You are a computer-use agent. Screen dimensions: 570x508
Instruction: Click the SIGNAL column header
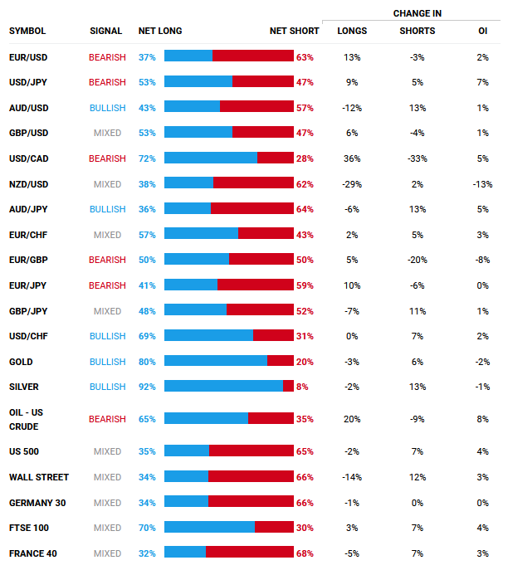(x=105, y=31)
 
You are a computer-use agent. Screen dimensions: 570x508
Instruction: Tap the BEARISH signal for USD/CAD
(x=107, y=158)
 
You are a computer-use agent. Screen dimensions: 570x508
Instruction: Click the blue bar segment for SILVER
(x=223, y=387)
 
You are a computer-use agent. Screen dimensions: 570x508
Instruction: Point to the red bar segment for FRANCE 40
(x=249, y=553)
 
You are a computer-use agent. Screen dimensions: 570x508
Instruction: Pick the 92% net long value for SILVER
(x=147, y=387)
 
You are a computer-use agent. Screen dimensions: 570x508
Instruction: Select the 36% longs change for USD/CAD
(x=352, y=158)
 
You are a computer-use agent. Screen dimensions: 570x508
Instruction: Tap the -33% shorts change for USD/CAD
(x=417, y=158)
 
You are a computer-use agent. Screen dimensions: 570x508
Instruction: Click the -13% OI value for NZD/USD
(x=482, y=184)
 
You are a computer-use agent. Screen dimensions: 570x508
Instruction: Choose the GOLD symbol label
(x=22, y=362)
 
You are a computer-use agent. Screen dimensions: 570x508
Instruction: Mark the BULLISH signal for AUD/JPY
(x=108, y=209)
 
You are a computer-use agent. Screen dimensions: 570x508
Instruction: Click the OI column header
(x=483, y=31)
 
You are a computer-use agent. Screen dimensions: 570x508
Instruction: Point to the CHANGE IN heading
(x=418, y=13)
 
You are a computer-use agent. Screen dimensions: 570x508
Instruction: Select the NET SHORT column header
(x=294, y=31)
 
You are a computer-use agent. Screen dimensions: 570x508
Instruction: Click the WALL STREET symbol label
(x=39, y=477)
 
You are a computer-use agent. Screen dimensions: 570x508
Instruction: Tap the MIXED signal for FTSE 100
(x=108, y=528)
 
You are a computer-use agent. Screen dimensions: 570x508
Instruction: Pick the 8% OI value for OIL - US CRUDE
(x=483, y=419)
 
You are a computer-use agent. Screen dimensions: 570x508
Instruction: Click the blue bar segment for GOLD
(x=216, y=362)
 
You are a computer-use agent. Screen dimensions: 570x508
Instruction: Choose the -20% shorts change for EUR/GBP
(x=417, y=260)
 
